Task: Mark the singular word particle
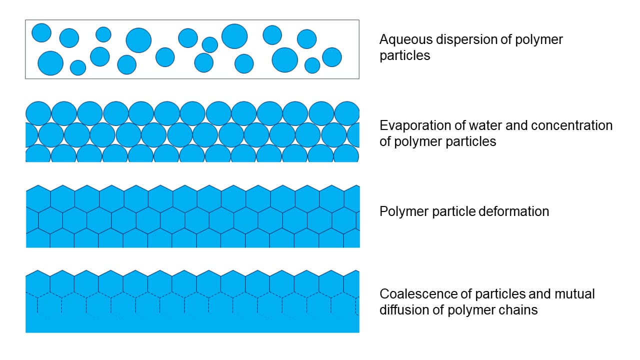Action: (452, 211)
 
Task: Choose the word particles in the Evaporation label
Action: (471, 141)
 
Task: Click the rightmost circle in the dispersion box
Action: (332, 57)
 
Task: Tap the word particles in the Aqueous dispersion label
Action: (405, 55)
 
